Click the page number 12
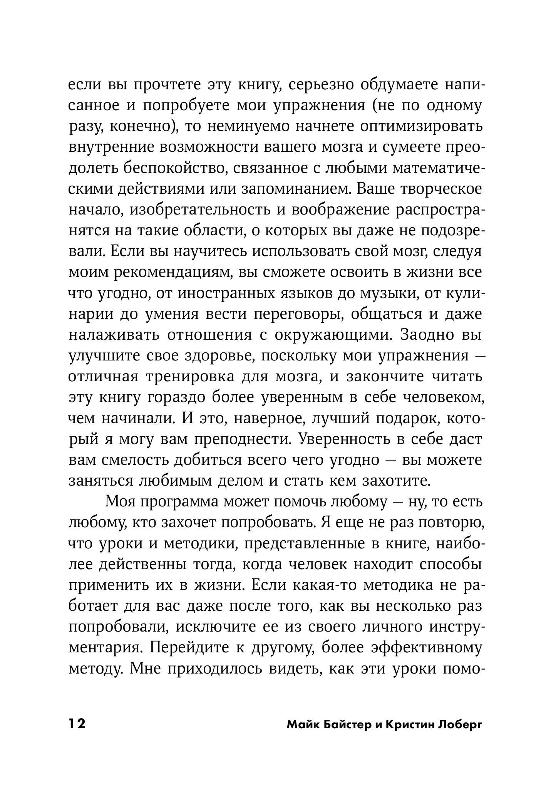[77, 724]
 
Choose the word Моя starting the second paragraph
[119, 501]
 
